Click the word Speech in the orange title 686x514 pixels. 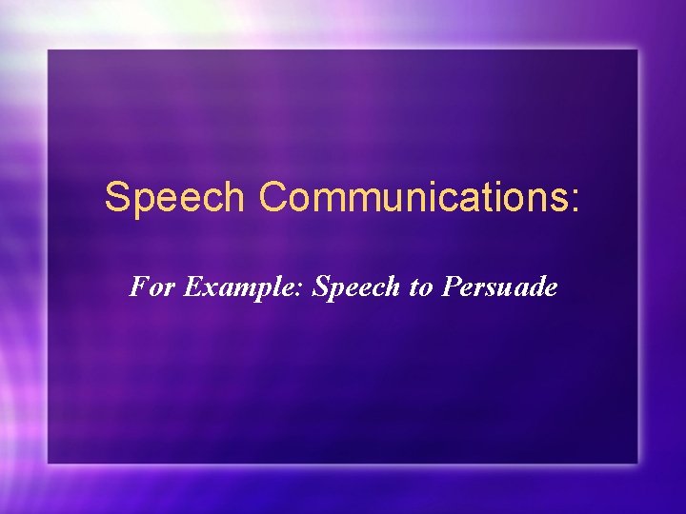click(175, 198)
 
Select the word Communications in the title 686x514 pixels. click(413, 198)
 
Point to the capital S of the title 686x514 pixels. click(116, 198)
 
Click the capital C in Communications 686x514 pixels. click(273, 198)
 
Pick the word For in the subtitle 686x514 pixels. click(152, 287)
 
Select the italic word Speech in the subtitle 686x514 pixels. click(357, 287)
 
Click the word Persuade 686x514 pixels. click(498, 287)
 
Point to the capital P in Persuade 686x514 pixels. click(450, 287)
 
